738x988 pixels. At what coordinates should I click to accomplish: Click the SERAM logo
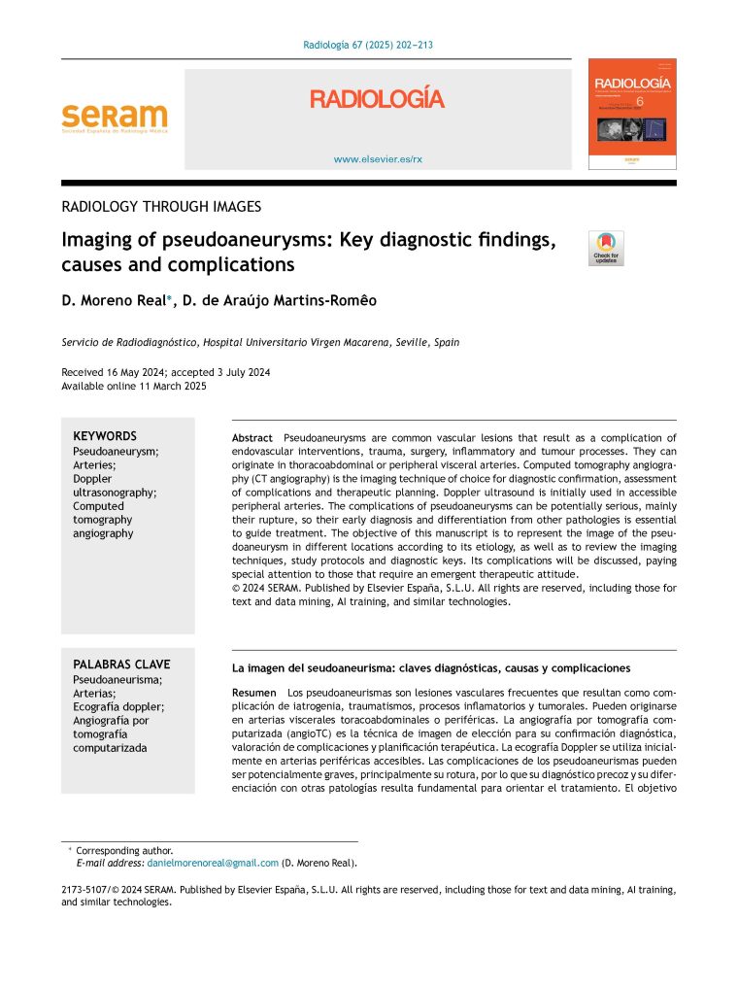pyautogui.click(x=114, y=119)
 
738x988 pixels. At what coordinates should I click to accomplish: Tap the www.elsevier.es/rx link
pyautogui.click(x=378, y=157)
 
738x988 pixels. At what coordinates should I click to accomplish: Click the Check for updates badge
pyautogui.click(x=608, y=249)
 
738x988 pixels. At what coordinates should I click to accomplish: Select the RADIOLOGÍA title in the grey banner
pyautogui.click(x=377, y=99)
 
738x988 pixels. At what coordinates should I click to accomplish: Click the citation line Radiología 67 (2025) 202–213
pyautogui.click(x=368, y=46)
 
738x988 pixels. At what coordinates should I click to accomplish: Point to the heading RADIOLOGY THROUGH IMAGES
pyautogui.click(x=161, y=206)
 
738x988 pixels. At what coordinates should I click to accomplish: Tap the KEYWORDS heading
pyautogui.click(x=105, y=436)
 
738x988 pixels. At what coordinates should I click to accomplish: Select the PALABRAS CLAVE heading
pyautogui.click(x=121, y=664)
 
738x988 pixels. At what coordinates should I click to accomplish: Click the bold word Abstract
pyautogui.click(x=252, y=438)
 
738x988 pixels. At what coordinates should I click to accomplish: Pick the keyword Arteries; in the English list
pyautogui.click(x=95, y=465)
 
